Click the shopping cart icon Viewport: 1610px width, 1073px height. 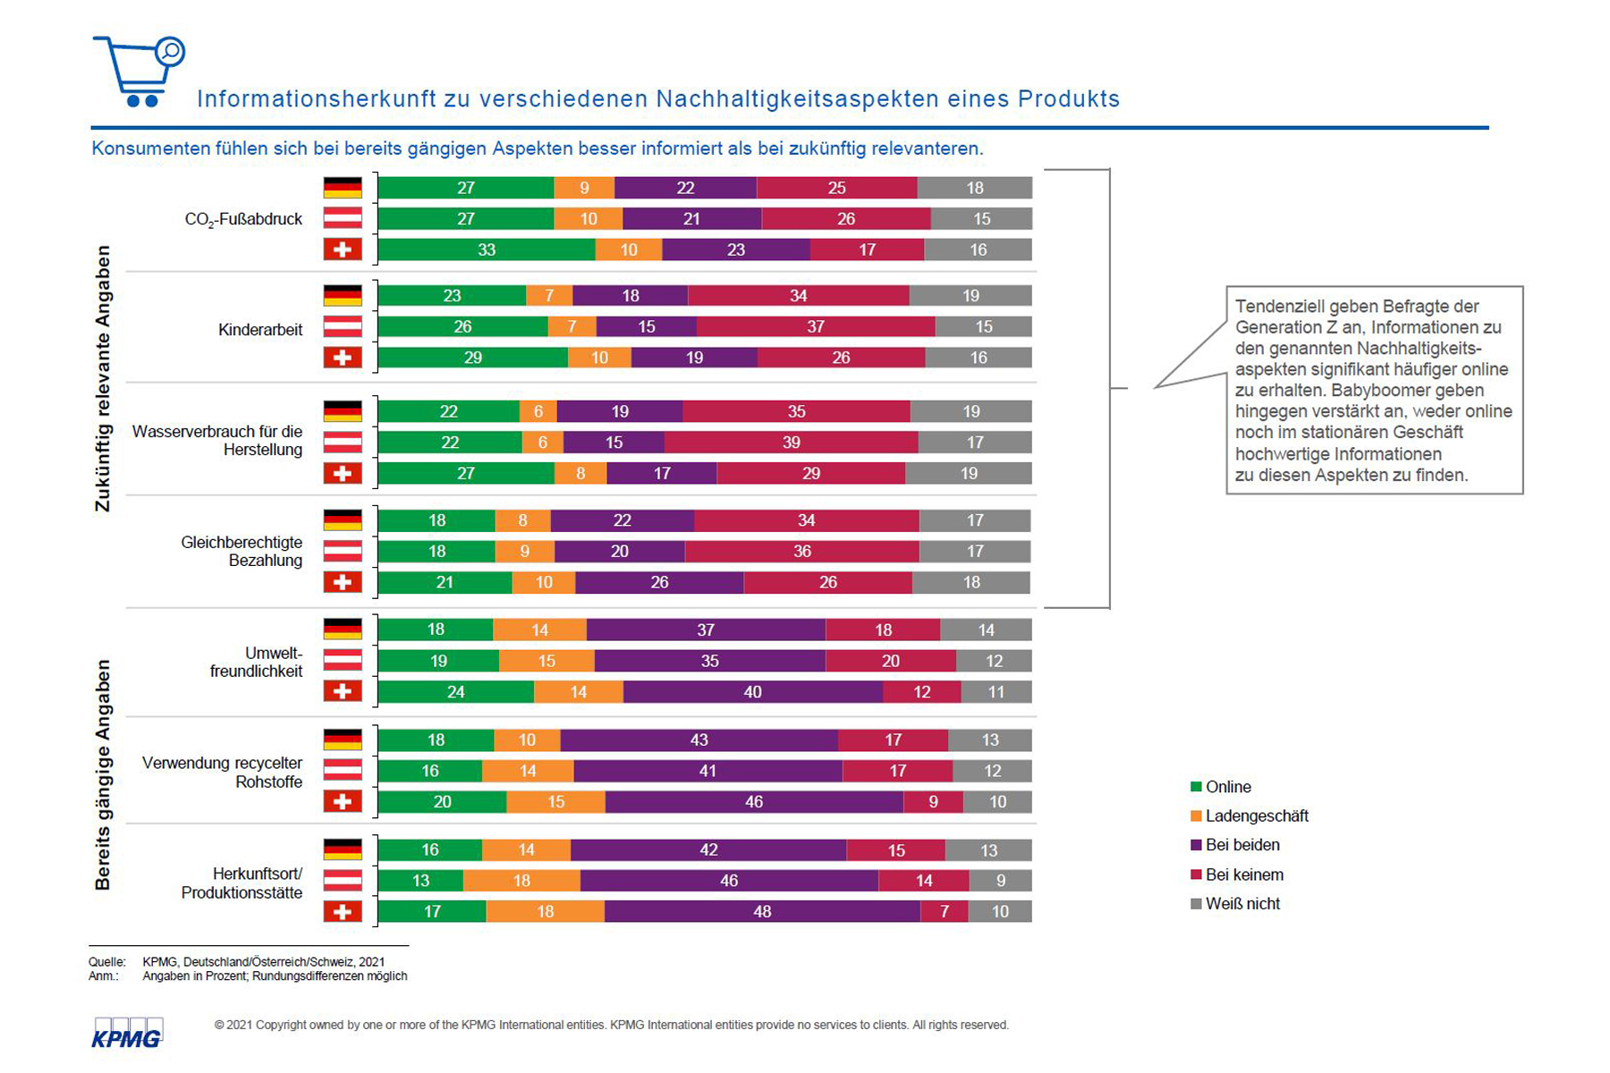[x=138, y=72]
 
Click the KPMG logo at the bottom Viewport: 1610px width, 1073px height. [x=127, y=1034]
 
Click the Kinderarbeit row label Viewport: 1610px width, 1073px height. [x=260, y=330]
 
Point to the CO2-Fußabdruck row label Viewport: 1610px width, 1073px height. [x=243, y=219]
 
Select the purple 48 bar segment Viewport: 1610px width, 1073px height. [x=762, y=911]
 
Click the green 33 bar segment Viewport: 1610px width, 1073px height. [x=487, y=249]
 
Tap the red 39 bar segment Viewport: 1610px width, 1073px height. [x=791, y=442]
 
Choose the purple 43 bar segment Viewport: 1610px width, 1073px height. [x=699, y=739]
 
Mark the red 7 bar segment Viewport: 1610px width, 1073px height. [x=945, y=911]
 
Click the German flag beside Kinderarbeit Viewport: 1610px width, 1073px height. [x=343, y=295]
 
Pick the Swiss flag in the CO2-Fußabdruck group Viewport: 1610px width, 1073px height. [x=343, y=249]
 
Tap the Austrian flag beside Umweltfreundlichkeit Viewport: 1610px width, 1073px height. [x=343, y=661]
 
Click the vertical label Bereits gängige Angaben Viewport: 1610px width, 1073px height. [x=104, y=774]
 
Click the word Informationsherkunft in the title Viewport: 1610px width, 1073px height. [x=315, y=98]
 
